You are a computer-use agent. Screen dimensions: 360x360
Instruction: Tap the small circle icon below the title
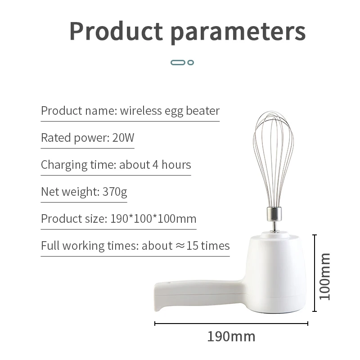tap(191, 62)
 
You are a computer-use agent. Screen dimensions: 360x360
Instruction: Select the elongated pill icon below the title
tap(178, 62)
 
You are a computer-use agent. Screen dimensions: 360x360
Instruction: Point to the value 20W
tap(123, 138)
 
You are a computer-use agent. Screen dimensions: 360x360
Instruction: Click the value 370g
tap(115, 192)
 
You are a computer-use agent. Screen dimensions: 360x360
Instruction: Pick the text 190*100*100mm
tap(153, 219)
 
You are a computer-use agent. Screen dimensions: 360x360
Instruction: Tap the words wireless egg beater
tap(170, 111)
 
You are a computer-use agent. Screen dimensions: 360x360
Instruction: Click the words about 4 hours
tap(155, 165)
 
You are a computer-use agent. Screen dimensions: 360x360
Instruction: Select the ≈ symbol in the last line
tap(180, 246)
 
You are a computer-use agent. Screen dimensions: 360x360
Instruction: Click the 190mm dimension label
tap(231, 336)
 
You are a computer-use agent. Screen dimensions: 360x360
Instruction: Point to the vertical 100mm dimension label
tap(325, 276)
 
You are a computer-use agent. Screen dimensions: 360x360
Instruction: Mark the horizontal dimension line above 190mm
tap(231, 323)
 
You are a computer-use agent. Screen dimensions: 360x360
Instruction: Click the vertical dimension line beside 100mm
tap(315, 273)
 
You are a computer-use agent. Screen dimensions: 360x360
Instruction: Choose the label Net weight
tap(68, 192)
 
